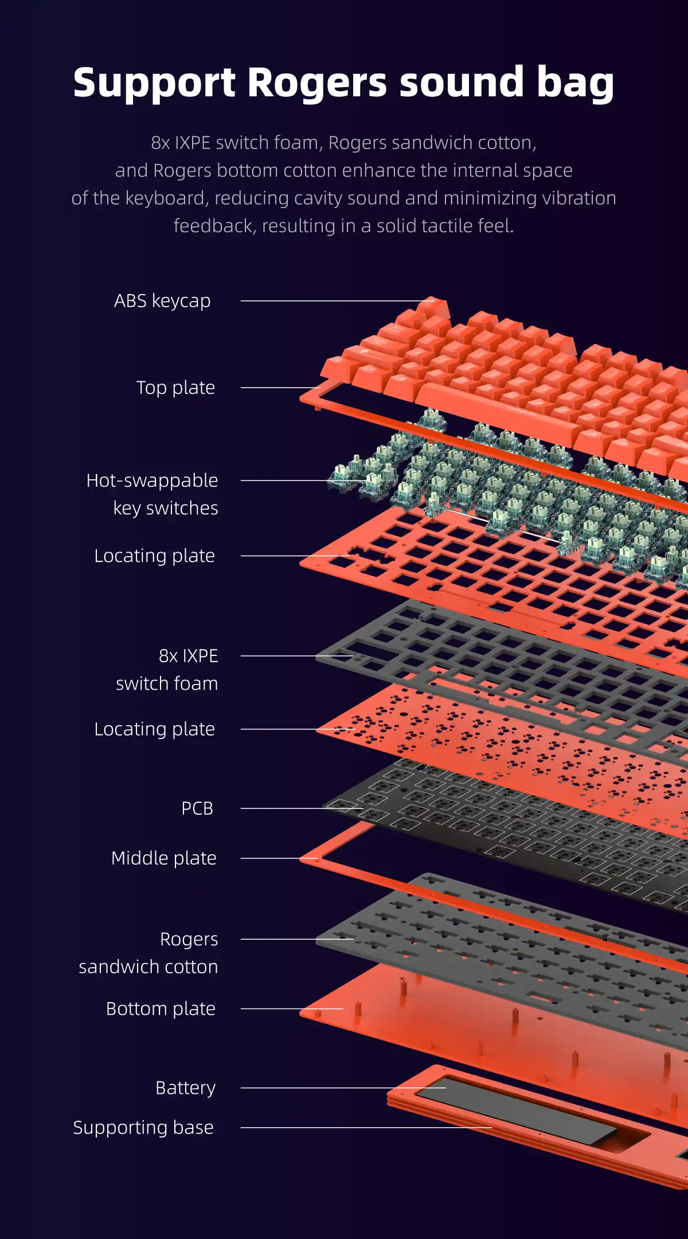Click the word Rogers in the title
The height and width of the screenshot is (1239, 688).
(318, 83)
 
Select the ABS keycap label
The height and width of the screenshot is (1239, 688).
(162, 300)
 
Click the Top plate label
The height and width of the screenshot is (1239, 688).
(175, 388)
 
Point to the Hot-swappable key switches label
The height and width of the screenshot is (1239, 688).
(153, 494)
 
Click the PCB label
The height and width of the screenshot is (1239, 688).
(197, 808)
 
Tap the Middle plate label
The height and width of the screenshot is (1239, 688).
(164, 858)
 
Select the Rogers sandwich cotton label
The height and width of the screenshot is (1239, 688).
(149, 952)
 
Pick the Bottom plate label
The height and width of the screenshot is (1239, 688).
(161, 1008)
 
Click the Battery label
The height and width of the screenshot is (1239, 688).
(186, 1087)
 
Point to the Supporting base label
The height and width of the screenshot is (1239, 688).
(143, 1127)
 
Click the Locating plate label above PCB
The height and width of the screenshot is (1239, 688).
(155, 729)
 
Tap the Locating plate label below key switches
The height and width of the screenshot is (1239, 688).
(155, 556)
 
